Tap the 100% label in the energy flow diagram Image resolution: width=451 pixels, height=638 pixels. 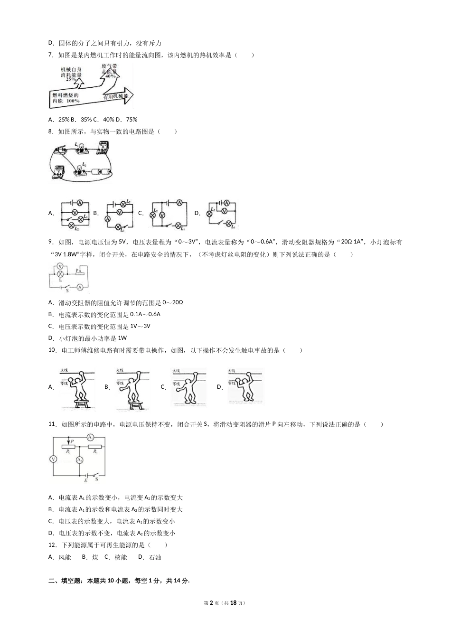[x=73, y=101]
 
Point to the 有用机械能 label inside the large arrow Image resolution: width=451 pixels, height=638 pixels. [x=116, y=96]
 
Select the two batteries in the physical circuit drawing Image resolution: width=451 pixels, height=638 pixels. [x=100, y=172]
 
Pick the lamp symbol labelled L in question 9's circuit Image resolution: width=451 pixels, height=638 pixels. [x=60, y=274]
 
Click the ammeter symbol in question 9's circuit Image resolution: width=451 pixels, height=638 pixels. [x=80, y=287]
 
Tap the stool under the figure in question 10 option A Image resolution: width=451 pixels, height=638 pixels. [x=80, y=403]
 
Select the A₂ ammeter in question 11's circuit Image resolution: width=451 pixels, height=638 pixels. [x=79, y=460]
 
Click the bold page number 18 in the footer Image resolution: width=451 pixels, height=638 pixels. [x=233, y=602]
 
